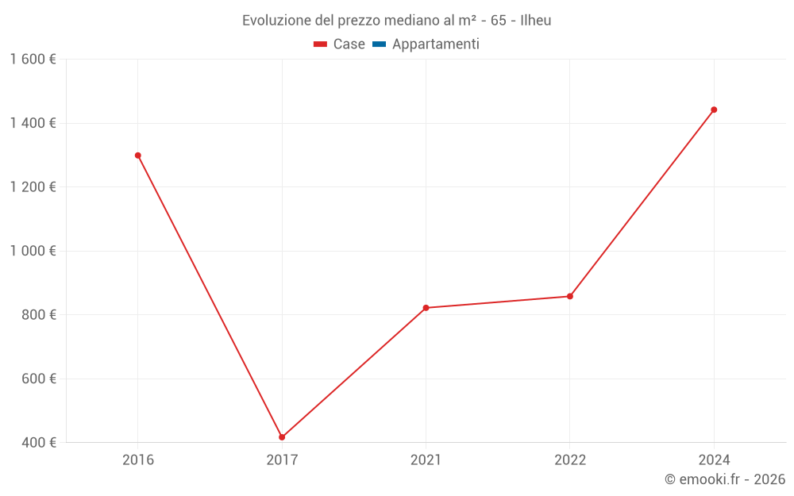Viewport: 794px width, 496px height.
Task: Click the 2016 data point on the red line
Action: (138, 156)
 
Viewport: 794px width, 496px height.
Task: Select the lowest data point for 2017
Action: (282, 437)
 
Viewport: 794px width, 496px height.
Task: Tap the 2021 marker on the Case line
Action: (426, 308)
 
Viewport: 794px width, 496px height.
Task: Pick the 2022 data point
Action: (570, 297)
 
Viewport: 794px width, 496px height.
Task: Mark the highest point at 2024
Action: (714, 110)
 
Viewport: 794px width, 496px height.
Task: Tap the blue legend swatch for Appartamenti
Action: (379, 44)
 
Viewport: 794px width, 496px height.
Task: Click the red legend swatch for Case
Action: (321, 44)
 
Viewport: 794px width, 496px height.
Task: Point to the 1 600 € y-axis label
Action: (33, 60)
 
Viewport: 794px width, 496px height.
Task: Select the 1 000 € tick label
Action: (33, 251)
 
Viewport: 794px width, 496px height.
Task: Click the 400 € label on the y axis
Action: (38, 443)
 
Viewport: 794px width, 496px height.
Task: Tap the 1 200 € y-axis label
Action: (33, 187)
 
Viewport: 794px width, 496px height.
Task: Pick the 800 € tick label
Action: (38, 315)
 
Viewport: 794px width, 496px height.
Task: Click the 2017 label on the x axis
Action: (282, 460)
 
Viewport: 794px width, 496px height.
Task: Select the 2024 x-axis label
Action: (714, 460)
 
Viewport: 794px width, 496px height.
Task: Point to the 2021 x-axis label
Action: (426, 460)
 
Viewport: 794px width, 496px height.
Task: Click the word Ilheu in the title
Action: (535, 21)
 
